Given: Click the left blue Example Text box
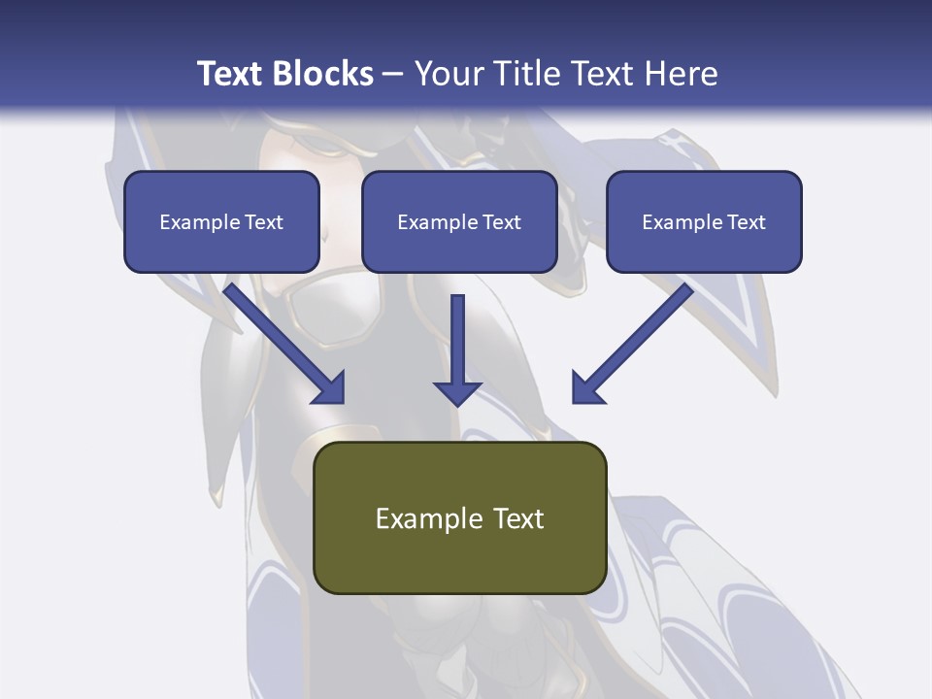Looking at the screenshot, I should tap(221, 221).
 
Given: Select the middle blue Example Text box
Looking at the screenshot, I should tap(459, 221).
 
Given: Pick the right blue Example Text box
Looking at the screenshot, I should tap(704, 221).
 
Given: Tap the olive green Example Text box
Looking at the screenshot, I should tap(459, 517).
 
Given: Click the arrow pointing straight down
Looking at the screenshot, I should tap(457, 349).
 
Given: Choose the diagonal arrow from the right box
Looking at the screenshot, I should tap(633, 343).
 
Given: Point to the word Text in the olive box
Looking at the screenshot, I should tap(519, 518).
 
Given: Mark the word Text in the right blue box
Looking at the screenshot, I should tap(747, 222).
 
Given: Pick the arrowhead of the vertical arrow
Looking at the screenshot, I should tap(457, 391).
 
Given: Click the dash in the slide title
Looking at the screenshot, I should tap(393, 75).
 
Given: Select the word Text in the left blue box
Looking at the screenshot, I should tap(264, 222).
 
